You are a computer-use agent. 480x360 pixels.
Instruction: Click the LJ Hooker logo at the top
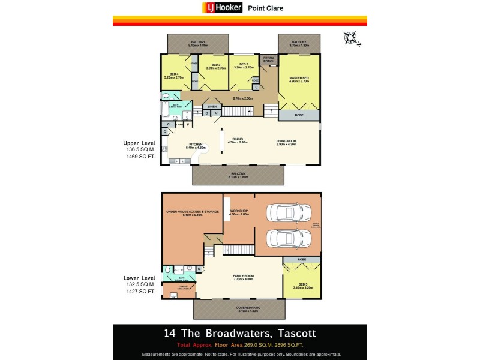(x=222, y=8)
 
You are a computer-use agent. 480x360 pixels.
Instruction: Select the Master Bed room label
(x=298, y=79)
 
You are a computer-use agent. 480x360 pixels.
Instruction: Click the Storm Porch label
(x=268, y=59)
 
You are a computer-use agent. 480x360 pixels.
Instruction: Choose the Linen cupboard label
(x=214, y=107)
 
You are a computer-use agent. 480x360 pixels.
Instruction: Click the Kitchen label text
(x=196, y=144)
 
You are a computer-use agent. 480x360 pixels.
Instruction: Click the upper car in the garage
(x=290, y=213)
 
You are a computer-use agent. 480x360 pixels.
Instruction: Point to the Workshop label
(x=239, y=212)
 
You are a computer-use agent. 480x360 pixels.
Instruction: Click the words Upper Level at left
(x=136, y=144)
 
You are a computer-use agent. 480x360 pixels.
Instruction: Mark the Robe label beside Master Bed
(x=298, y=114)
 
